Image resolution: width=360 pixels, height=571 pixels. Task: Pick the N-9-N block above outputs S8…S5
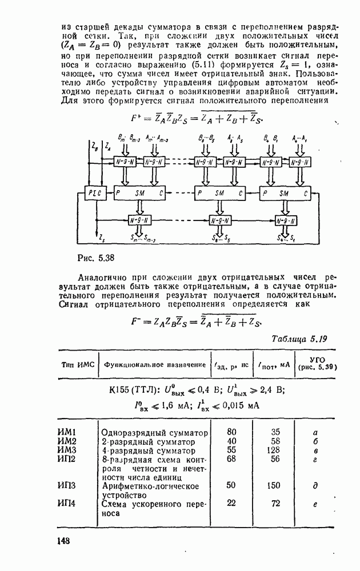[x=217, y=221]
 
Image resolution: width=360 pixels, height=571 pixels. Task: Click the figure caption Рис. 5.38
[x=97, y=258]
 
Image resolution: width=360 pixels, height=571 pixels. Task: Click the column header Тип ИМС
[x=77, y=364]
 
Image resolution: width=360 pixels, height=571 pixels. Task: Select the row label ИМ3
[x=67, y=451]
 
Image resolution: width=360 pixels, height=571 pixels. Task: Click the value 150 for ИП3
[x=274, y=485]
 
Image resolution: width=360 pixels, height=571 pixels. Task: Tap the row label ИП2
[x=67, y=459]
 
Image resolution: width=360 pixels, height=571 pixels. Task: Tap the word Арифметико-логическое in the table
[x=150, y=486]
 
